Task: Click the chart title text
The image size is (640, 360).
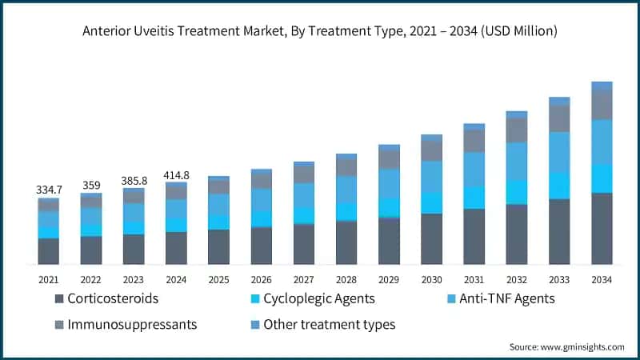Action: point(319,32)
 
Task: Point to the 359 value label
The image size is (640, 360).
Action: point(91,185)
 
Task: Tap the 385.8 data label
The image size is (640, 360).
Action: point(134,180)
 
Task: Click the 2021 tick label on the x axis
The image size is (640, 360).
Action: point(48,279)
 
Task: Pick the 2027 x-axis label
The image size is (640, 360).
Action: point(304,279)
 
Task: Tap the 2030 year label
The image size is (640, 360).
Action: point(432,279)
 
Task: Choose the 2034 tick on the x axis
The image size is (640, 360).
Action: point(602,279)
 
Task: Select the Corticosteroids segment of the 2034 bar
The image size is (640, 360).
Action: point(602,228)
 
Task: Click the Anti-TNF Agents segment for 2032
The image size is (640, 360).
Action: point(517,161)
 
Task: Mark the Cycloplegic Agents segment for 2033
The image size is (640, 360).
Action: point(559,186)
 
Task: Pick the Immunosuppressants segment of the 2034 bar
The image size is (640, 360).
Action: point(602,105)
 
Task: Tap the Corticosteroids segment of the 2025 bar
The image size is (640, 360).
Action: point(218,246)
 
